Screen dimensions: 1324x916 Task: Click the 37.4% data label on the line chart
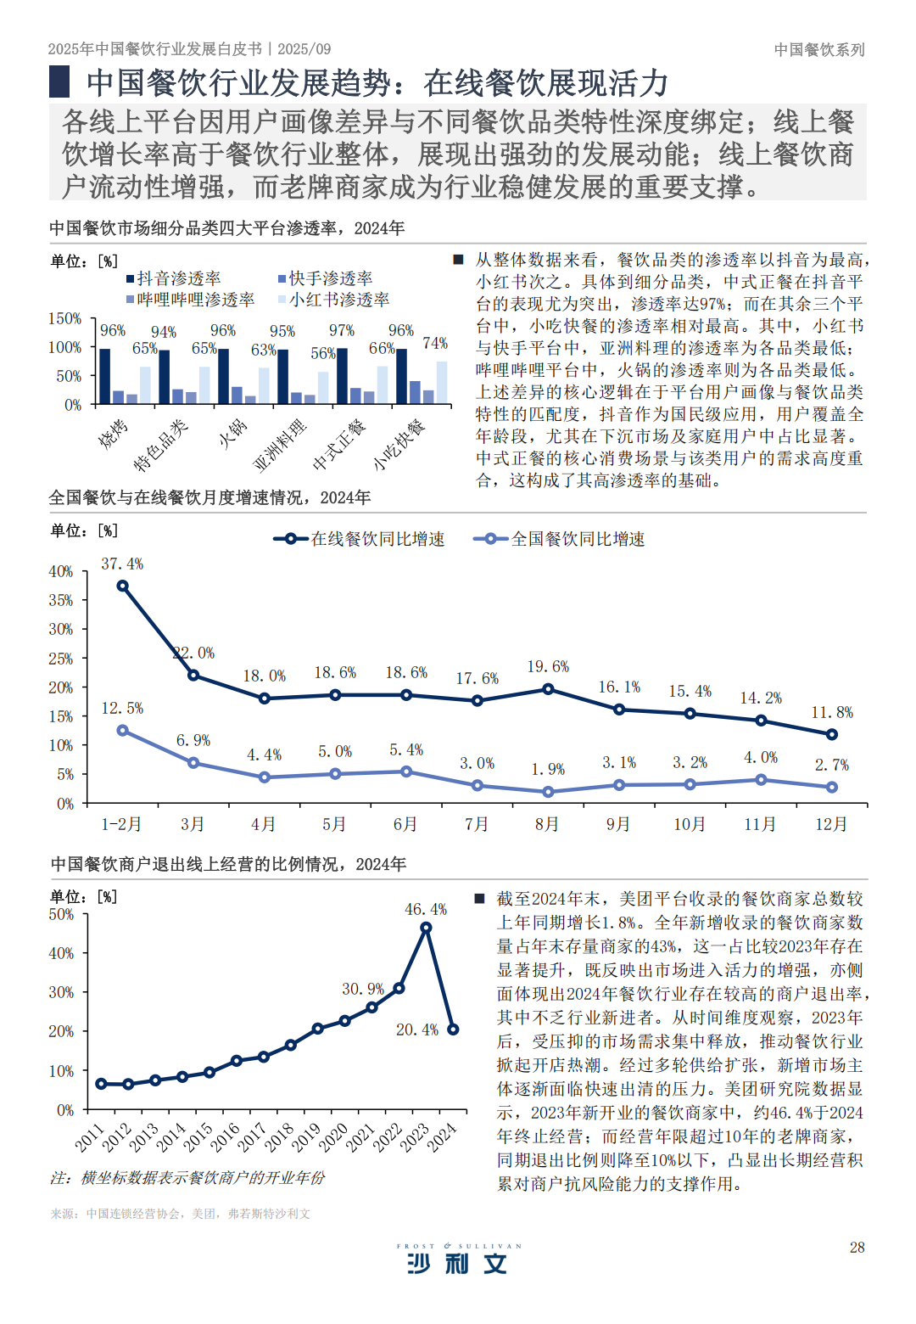tap(122, 564)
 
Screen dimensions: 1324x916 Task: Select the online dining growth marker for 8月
tap(548, 689)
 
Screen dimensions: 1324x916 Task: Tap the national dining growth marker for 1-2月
tap(123, 730)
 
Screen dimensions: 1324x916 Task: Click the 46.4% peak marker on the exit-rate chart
tap(426, 928)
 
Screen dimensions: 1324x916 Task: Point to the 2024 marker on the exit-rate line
tap(453, 1029)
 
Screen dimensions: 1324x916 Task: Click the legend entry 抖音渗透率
tap(174, 278)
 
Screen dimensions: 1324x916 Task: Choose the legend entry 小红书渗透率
tap(334, 300)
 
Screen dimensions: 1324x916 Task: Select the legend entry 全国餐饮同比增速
tap(560, 539)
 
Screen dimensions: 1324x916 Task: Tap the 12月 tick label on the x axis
tap(831, 824)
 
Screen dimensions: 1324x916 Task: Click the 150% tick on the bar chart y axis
tap(64, 318)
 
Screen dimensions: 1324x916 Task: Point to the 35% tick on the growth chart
tap(61, 600)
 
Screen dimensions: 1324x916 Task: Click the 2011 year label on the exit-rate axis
tap(89, 1137)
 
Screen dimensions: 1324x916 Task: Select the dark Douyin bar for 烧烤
tap(105, 376)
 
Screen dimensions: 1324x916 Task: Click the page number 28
tap(857, 1247)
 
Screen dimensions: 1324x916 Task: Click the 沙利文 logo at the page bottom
tap(457, 1262)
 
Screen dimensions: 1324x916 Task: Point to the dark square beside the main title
tap(59, 82)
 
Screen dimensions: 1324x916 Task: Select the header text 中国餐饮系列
tap(818, 49)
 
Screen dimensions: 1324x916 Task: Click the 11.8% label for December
tap(832, 712)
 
